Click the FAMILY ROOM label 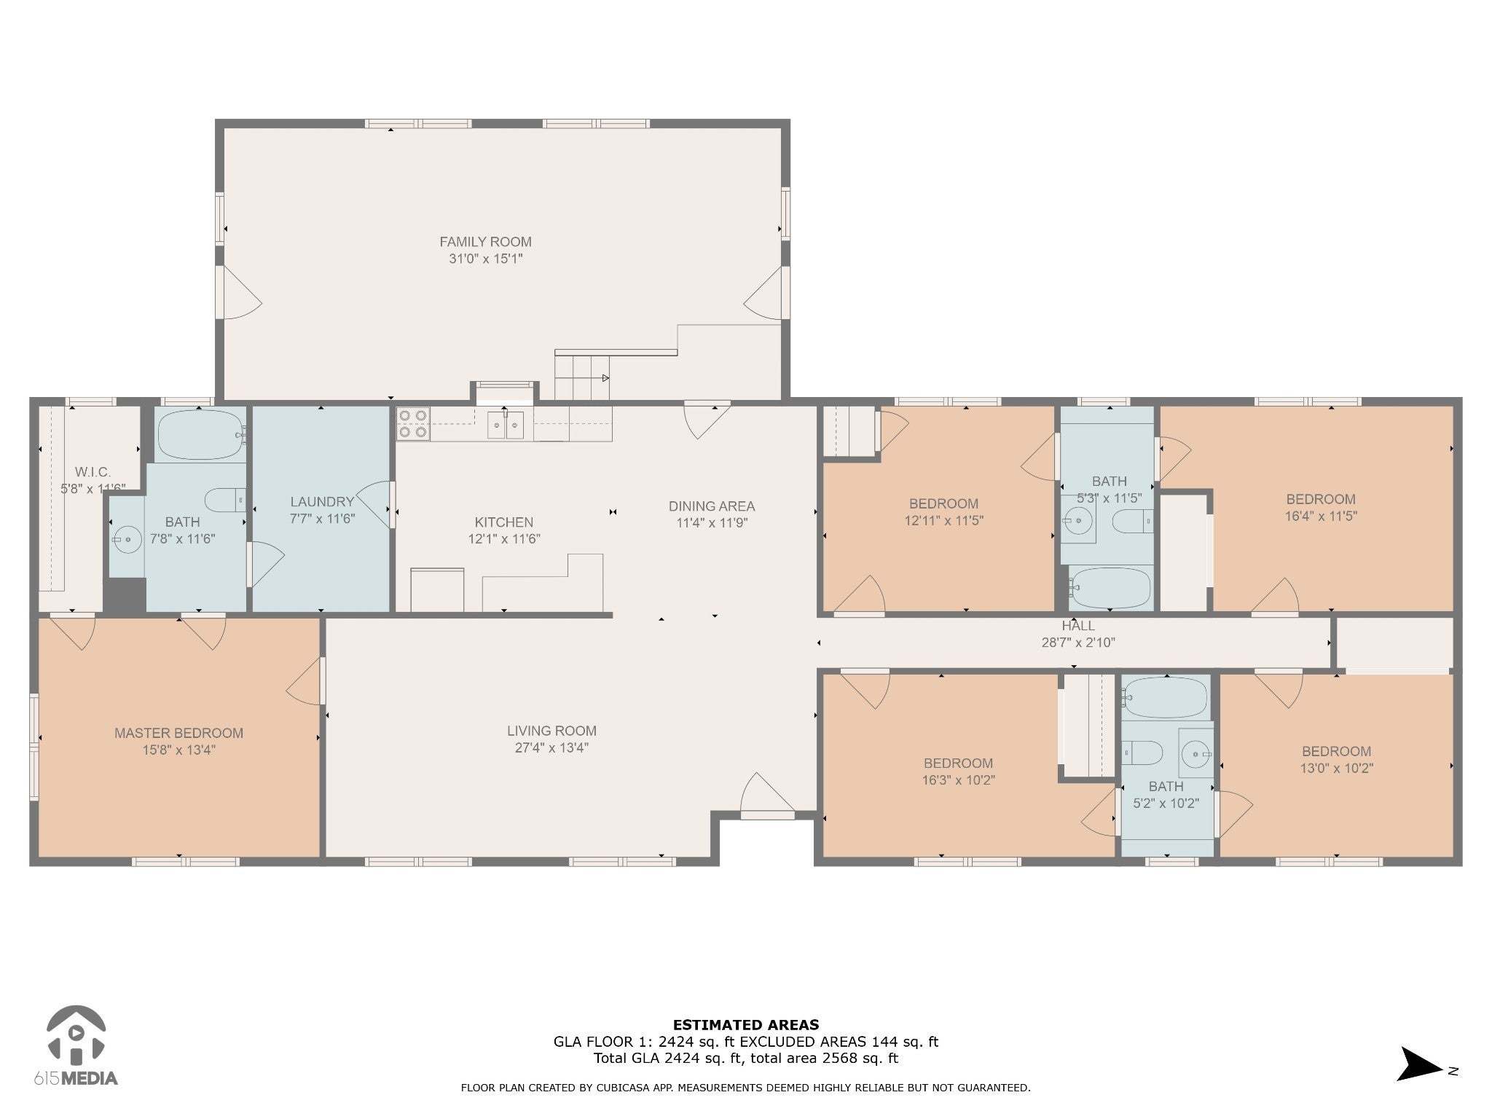pyautogui.click(x=485, y=242)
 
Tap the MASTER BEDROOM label pyautogui.click(x=178, y=734)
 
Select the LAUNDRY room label pyautogui.click(x=322, y=502)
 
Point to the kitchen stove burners pyautogui.click(x=413, y=424)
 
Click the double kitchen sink pyautogui.click(x=506, y=425)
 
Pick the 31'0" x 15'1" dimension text pyautogui.click(x=486, y=259)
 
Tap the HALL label pyautogui.click(x=1078, y=626)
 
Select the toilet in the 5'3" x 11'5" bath pyautogui.click(x=1133, y=522)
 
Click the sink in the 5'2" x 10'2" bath pyautogui.click(x=1195, y=752)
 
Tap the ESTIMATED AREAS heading pyautogui.click(x=745, y=1025)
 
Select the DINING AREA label pyautogui.click(x=712, y=506)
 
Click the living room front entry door pyautogui.click(x=766, y=796)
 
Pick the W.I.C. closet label pyautogui.click(x=93, y=473)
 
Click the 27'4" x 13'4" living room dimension pyautogui.click(x=551, y=747)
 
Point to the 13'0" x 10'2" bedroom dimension pyautogui.click(x=1337, y=768)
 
